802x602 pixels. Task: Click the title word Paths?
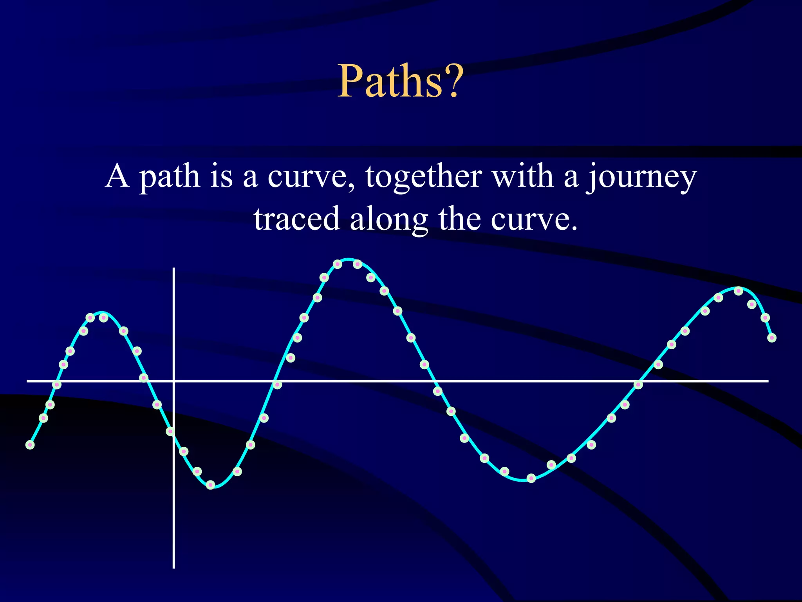tap(400, 82)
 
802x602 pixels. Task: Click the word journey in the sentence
tap(641, 177)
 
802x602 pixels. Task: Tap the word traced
tap(296, 219)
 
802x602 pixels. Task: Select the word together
tap(423, 177)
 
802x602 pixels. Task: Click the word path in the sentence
tap(170, 177)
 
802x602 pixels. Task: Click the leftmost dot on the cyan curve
tap(30, 444)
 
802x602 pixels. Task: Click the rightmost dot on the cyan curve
tap(772, 338)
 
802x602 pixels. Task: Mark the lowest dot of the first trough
tap(211, 485)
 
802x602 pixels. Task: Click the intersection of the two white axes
tap(173, 381)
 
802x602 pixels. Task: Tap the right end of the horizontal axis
tap(768, 381)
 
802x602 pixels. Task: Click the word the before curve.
tap(459, 219)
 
